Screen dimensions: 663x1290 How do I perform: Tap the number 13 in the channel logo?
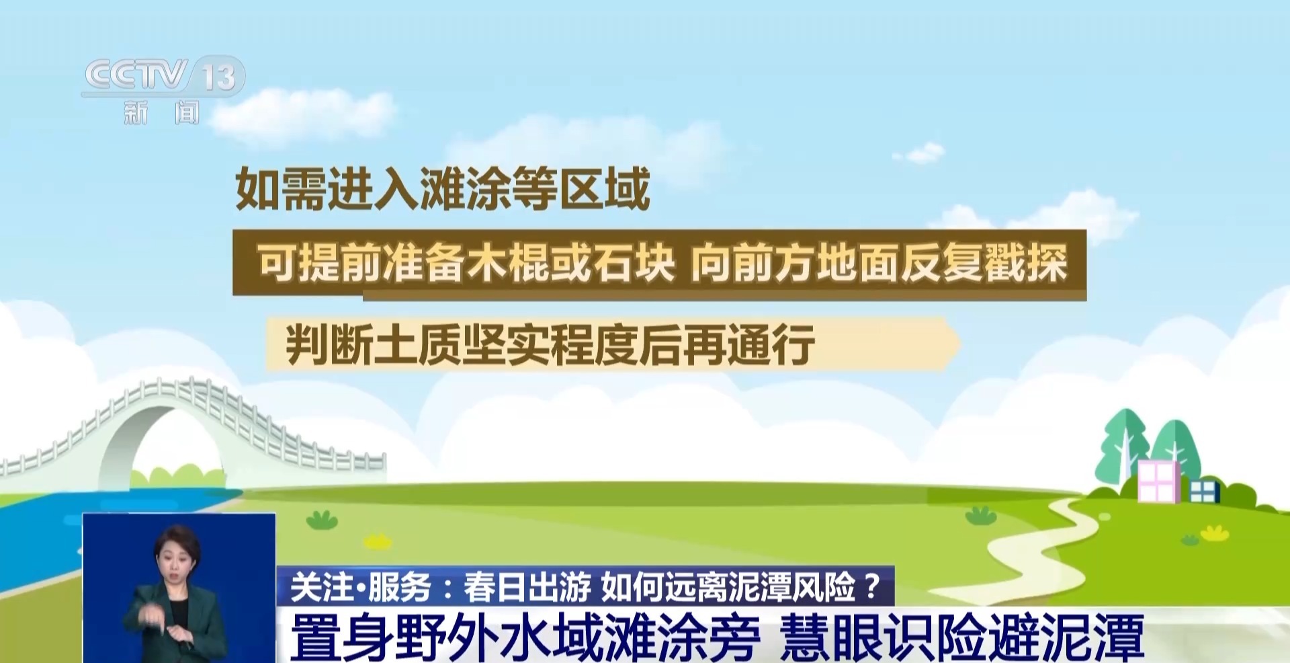tap(219, 77)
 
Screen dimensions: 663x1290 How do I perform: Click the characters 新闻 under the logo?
tap(162, 112)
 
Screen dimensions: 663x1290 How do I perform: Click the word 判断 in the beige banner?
tap(329, 344)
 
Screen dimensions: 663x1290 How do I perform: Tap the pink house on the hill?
tap(1158, 481)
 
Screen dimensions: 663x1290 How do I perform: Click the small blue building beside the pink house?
tap(1204, 491)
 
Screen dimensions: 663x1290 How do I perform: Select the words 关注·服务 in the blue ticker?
tap(360, 587)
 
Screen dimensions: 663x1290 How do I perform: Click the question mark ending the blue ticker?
tap(872, 586)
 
